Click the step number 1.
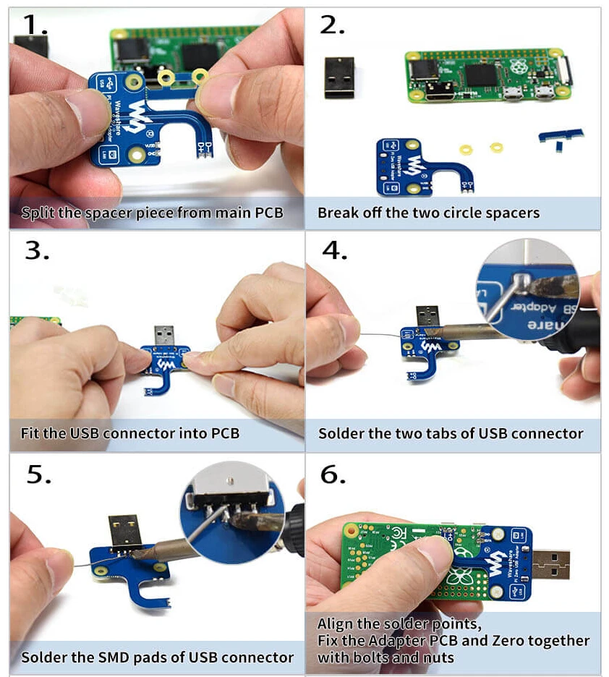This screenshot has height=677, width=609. (x=35, y=25)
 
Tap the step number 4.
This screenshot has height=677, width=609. (x=334, y=250)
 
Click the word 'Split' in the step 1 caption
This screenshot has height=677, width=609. (x=38, y=213)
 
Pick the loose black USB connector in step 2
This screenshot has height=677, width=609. (x=340, y=77)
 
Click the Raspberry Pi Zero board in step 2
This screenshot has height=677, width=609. (x=488, y=77)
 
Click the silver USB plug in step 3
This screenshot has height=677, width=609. (x=164, y=336)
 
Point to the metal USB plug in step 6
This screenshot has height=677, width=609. (x=550, y=565)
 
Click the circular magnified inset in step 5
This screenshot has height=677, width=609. (x=231, y=512)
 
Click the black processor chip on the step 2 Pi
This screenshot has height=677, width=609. (x=481, y=75)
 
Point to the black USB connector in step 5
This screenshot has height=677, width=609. (x=124, y=532)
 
